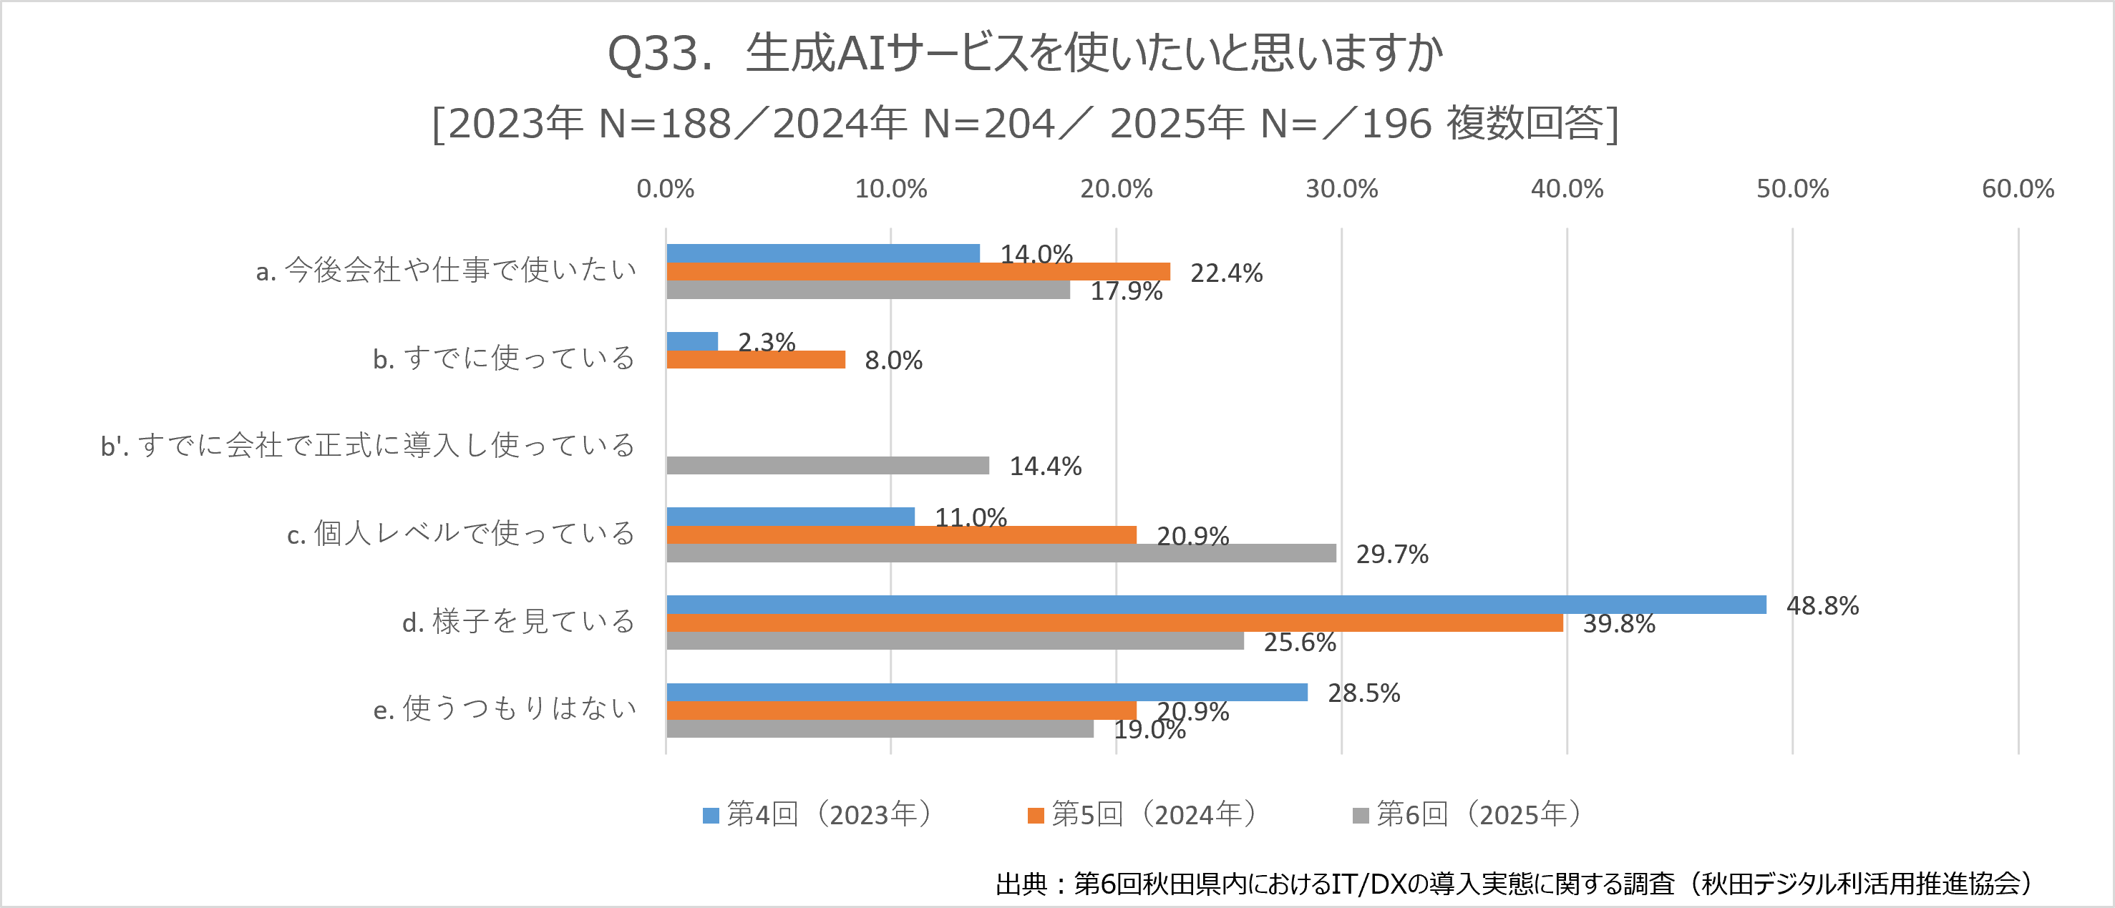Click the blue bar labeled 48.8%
pyautogui.click(x=1215, y=604)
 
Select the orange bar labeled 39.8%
pyautogui.click(x=1114, y=623)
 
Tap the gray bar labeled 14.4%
pyautogui.click(x=827, y=466)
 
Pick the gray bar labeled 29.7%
pyautogui.click(x=1001, y=553)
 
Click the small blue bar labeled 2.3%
pyautogui.click(x=692, y=341)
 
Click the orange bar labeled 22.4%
pyautogui.click(x=918, y=272)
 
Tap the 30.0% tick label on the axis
pyautogui.click(x=1341, y=189)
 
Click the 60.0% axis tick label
pyautogui.click(x=2017, y=189)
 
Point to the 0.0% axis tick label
pyautogui.click(x=665, y=189)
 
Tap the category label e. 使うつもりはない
pyautogui.click(x=504, y=708)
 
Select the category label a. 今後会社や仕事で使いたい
pyautogui.click(x=446, y=270)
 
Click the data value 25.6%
pyautogui.click(x=1300, y=642)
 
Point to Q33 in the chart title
pyautogui.click(x=652, y=54)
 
